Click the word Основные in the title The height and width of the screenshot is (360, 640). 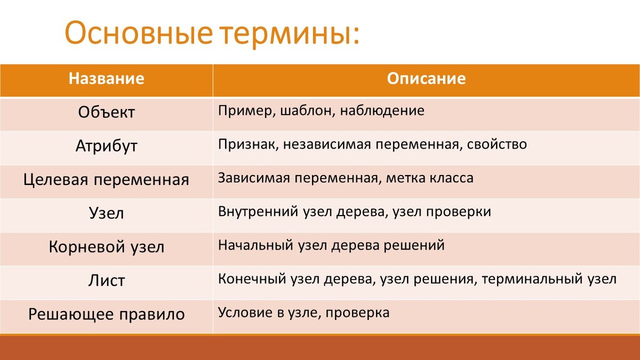click(x=139, y=33)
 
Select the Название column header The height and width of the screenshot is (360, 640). click(x=106, y=78)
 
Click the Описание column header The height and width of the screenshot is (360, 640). click(x=426, y=78)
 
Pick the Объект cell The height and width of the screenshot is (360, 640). click(x=106, y=112)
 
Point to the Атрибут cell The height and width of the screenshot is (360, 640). click(x=106, y=146)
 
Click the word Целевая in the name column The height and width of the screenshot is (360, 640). click(x=55, y=180)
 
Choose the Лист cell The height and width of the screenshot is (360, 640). click(x=106, y=281)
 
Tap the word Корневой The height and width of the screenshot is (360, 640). click(x=87, y=246)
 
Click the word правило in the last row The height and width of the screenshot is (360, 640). click(x=152, y=315)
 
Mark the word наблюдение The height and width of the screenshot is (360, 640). click(x=382, y=111)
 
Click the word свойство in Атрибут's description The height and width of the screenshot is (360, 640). click(x=497, y=145)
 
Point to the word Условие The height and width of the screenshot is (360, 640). click(x=245, y=313)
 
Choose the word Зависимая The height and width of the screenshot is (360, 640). click(x=254, y=178)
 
